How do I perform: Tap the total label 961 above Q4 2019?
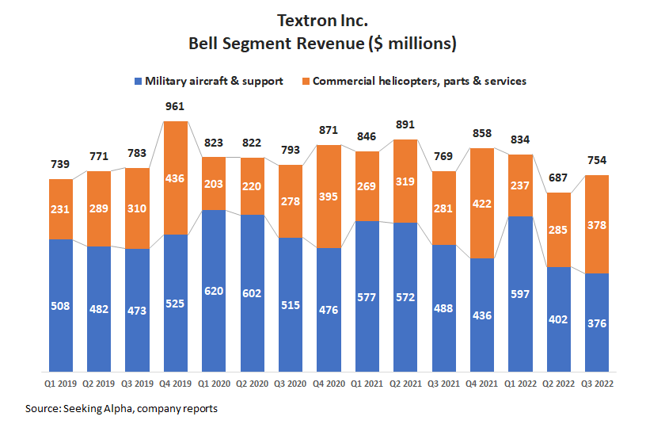pyautogui.click(x=175, y=106)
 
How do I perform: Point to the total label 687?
pyautogui.click(x=559, y=178)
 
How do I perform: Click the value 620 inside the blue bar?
pyautogui.click(x=214, y=292)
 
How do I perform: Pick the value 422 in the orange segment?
pyautogui.click(x=482, y=203)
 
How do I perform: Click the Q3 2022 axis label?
pyautogui.click(x=597, y=383)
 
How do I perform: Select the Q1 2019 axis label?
pyautogui.click(x=60, y=383)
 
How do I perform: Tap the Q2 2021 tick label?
pyautogui.click(x=405, y=383)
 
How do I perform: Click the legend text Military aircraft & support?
pyautogui.click(x=214, y=81)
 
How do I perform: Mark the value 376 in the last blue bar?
pyautogui.click(x=597, y=323)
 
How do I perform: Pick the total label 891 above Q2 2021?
pyautogui.click(x=405, y=124)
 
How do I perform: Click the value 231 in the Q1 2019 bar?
pyautogui.click(x=60, y=209)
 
